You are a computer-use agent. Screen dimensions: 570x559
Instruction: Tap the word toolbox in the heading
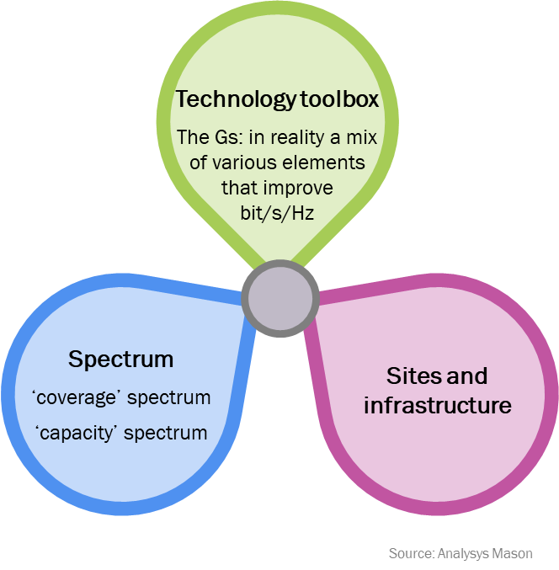[x=338, y=99]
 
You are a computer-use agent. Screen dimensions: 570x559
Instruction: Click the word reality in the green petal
[x=298, y=137]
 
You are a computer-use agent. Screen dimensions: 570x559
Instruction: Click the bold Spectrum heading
[x=121, y=360]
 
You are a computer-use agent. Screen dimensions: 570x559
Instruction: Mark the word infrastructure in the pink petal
[x=437, y=405]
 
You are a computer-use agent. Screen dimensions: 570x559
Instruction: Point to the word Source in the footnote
[x=410, y=553]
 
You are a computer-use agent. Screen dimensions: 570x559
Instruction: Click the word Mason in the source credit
[x=514, y=553]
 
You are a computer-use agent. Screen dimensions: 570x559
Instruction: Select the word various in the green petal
[x=242, y=162]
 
